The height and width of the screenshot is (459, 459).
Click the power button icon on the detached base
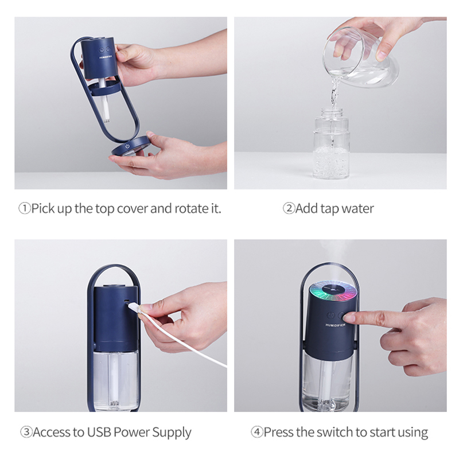(127, 146)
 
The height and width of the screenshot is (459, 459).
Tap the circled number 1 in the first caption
(25, 209)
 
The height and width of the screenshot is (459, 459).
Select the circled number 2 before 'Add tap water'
(289, 208)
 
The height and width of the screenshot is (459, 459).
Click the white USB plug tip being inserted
(133, 307)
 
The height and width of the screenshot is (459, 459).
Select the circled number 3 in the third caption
(26, 432)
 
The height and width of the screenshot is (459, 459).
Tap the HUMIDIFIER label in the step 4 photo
(336, 325)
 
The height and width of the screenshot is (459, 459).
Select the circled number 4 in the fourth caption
(256, 432)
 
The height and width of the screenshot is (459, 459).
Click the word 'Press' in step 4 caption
(278, 432)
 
